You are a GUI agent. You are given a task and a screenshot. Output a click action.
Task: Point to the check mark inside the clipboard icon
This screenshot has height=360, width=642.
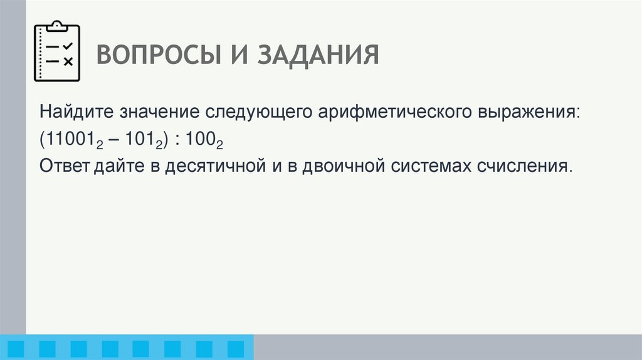[68, 46]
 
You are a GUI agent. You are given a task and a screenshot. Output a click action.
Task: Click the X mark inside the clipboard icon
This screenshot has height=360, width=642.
[68, 61]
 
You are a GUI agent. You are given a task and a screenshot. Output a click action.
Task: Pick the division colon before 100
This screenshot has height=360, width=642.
[178, 141]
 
